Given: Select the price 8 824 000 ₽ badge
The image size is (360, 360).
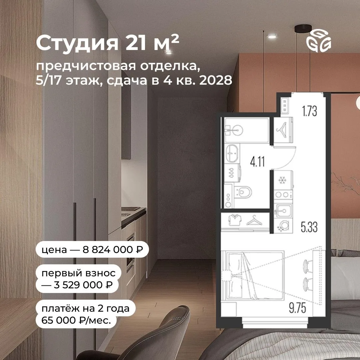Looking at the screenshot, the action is click(x=92, y=250).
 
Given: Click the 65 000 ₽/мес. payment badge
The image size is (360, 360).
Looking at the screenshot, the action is click(x=85, y=314).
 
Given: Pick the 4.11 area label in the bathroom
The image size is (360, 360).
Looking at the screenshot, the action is click(x=257, y=162).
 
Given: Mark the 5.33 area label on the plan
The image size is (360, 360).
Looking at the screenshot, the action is click(x=309, y=227).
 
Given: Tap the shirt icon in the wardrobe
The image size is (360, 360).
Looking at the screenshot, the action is click(x=235, y=220).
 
